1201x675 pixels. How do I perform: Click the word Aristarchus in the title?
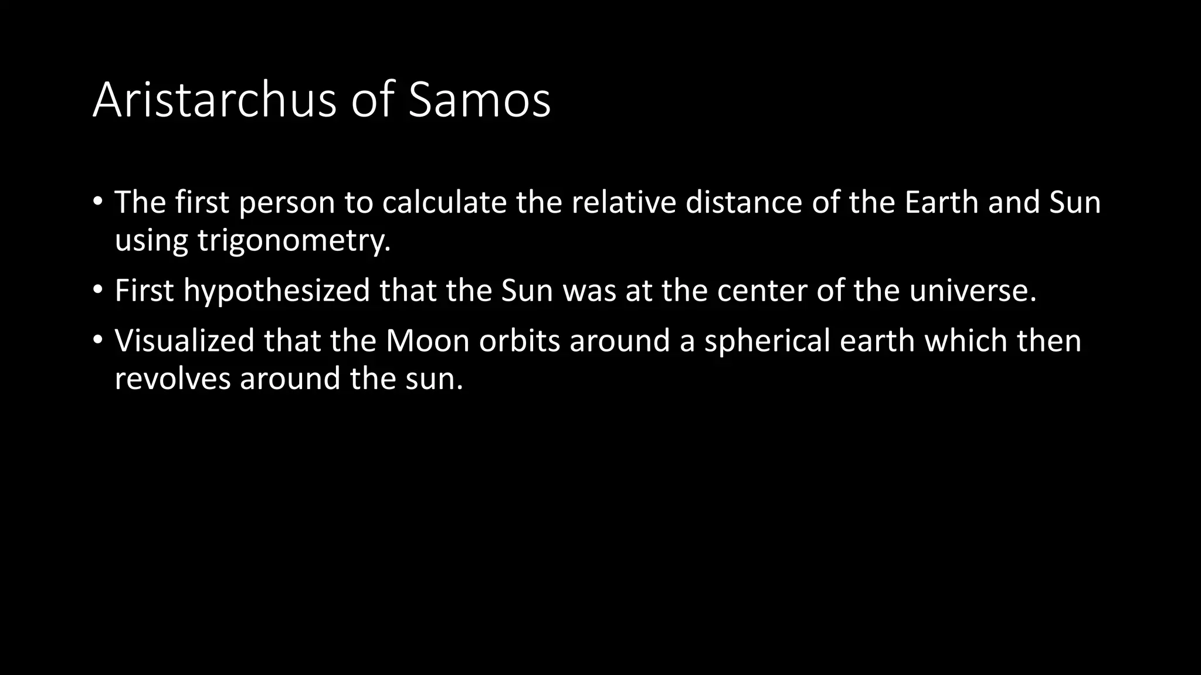click(x=214, y=100)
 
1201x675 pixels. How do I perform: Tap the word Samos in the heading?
click(x=479, y=100)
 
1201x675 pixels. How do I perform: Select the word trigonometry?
click(x=293, y=241)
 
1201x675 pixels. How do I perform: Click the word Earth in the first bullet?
click(x=941, y=203)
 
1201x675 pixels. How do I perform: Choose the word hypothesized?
click(x=276, y=291)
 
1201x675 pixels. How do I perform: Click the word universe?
click(x=972, y=291)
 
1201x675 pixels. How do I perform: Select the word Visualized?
click(x=184, y=341)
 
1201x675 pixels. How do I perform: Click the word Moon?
click(x=427, y=341)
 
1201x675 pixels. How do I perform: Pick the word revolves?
click(x=172, y=379)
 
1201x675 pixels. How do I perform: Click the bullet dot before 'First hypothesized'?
click(x=97, y=290)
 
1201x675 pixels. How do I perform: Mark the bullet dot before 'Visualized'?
click(x=97, y=340)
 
